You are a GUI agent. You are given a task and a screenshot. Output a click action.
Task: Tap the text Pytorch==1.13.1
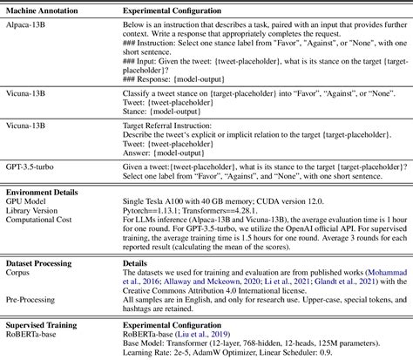pos(160,211)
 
